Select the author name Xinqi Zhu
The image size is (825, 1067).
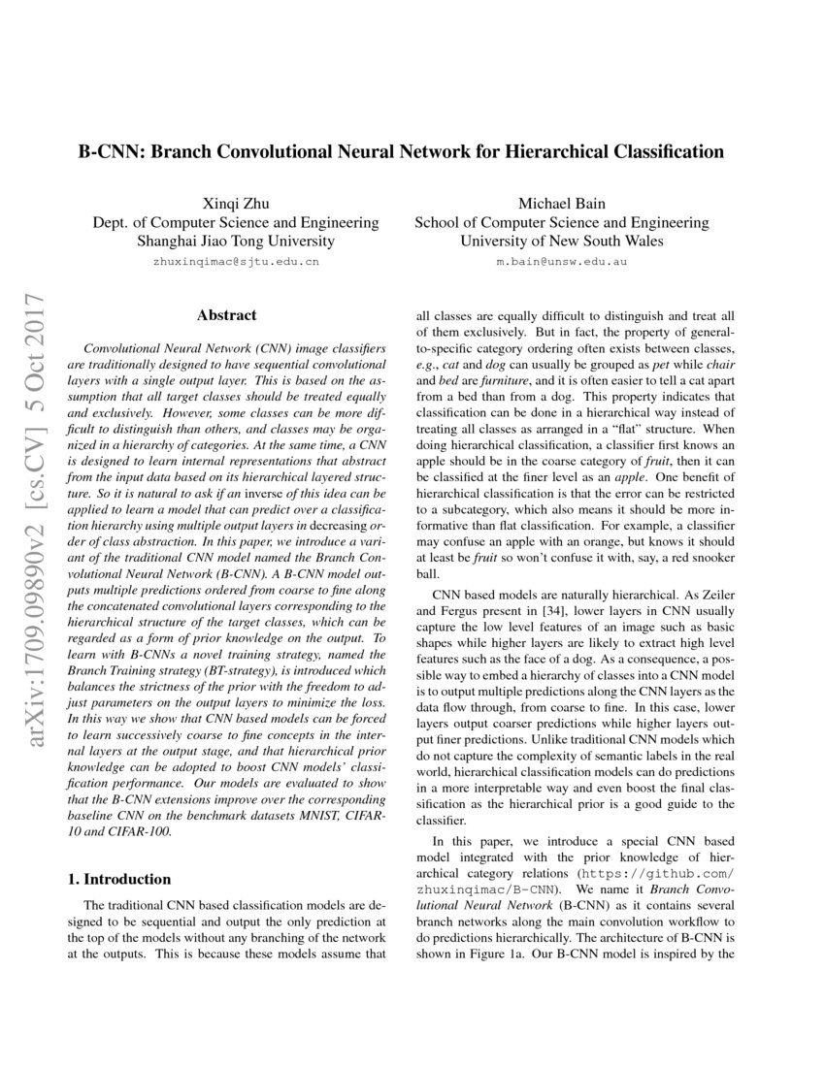click(235, 203)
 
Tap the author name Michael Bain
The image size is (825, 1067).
click(561, 203)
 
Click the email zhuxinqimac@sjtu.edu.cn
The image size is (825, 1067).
click(236, 262)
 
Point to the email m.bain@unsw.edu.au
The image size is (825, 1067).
click(561, 262)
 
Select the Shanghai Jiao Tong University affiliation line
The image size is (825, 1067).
click(236, 241)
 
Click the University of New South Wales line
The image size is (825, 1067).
click(561, 241)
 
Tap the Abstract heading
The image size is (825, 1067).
click(226, 315)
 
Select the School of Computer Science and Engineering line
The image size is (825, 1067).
click(561, 222)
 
